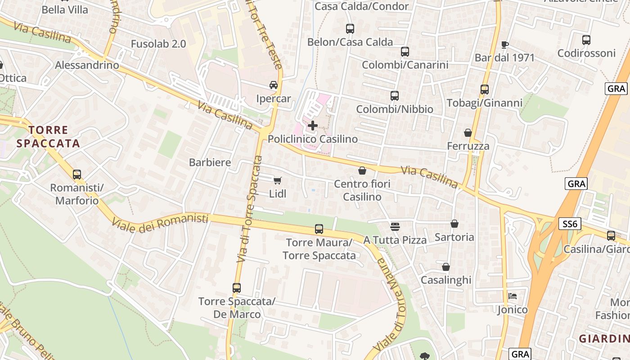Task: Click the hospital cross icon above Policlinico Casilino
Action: pos(313,125)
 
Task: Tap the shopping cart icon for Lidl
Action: pos(278,180)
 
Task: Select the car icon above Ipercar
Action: pos(273,85)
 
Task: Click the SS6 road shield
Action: pos(571,224)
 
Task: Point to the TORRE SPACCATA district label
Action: pos(48,137)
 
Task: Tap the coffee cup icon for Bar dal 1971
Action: pos(505,45)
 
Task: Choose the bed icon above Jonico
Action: pos(512,296)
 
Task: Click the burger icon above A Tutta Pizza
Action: pos(395,226)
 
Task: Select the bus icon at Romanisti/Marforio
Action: pos(77,174)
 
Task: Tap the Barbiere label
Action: pos(210,162)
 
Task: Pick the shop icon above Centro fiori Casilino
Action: pos(362,171)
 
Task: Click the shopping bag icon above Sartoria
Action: pos(454,224)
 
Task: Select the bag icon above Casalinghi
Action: pos(445,267)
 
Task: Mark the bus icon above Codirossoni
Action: pos(586,40)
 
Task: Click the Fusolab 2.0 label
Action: pos(158,44)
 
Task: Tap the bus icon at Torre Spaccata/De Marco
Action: pos(237,288)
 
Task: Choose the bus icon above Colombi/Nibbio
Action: pos(395,96)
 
